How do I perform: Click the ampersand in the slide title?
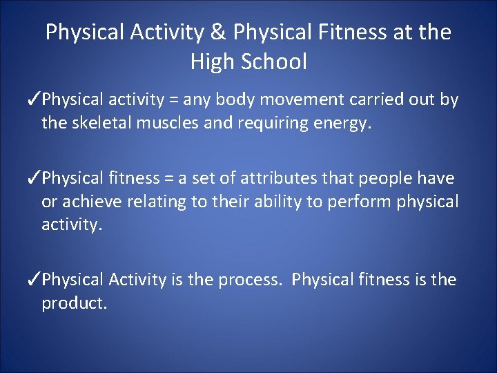tap(222, 32)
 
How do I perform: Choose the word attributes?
tap(275, 179)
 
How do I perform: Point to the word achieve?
tap(91, 202)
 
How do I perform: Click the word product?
tap(74, 303)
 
